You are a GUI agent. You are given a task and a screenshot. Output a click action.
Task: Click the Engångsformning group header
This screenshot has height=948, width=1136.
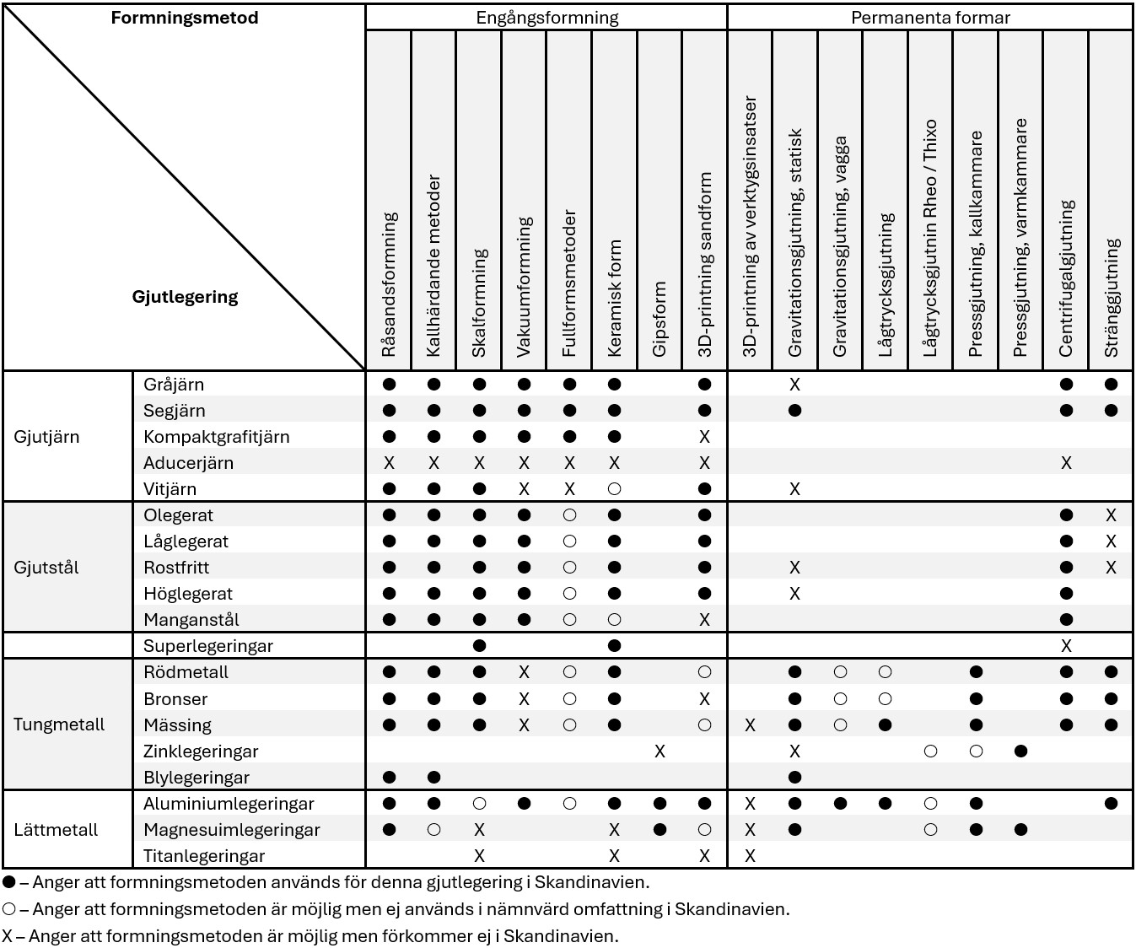[x=546, y=18]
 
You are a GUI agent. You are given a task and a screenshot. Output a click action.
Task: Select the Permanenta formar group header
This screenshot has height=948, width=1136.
[x=929, y=18]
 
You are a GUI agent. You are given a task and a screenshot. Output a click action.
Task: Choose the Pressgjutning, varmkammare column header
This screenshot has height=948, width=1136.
[x=1020, y=237]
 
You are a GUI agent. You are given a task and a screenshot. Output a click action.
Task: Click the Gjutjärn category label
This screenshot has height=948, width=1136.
[x=46, y=437]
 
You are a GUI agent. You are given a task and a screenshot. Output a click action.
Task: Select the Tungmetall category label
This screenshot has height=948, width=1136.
[x=59, y=724]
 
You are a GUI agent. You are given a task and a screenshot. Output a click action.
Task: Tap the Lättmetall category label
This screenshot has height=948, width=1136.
[x=56, y=830]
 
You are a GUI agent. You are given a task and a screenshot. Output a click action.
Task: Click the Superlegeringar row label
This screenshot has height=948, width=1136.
[x=208, y=646]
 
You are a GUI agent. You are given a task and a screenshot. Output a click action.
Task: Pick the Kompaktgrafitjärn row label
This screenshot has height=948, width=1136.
[x=217, y=437]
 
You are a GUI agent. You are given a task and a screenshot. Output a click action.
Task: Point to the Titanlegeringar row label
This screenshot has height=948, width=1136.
[x=204, y=856]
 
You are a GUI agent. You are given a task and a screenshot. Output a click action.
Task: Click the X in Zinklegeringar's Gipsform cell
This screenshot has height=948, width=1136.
[x=660, y=751]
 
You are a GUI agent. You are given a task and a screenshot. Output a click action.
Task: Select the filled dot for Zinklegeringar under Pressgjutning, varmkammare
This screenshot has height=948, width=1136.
[x=1020, y=751]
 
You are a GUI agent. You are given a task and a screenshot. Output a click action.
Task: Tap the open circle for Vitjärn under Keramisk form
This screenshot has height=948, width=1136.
[x=614, y=489]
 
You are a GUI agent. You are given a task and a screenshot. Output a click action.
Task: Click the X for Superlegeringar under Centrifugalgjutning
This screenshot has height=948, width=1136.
[x=1066, y=646]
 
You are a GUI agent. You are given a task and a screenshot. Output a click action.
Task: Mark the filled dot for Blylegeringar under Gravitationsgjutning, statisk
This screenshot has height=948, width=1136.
[x=794, y=777]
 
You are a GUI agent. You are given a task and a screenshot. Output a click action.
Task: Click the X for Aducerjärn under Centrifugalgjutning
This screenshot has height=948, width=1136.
[x=1066, y=463]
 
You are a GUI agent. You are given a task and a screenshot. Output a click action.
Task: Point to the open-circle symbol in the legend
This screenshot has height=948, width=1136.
[x=9, y=909]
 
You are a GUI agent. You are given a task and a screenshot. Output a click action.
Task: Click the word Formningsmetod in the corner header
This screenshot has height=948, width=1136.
[x=185, y=18]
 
